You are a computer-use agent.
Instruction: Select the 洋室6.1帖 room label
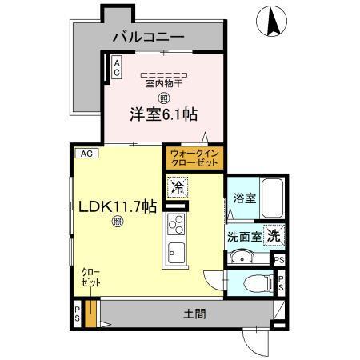point(164,114)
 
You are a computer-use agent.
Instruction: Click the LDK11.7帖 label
point(117,206)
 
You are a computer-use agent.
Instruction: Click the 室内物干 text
point(163,82)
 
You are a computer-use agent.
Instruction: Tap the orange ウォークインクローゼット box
point(194,158)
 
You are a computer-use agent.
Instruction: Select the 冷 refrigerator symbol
point(177,189)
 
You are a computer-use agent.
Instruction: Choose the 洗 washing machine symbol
point(274,236)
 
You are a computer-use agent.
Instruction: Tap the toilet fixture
point(257,282)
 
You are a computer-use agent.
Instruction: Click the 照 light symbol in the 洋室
point(163,98)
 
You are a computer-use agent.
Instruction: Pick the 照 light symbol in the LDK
point(117,223)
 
